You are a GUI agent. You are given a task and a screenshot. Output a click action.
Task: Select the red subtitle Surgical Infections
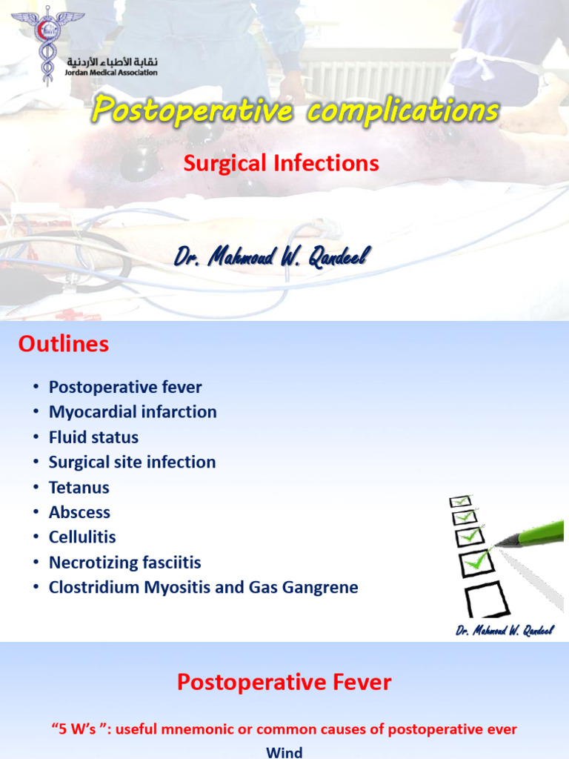282,163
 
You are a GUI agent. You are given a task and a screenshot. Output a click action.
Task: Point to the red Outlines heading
64,344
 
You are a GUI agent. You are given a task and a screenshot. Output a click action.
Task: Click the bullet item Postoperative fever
125,387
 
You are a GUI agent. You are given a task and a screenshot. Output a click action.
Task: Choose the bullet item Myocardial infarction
133,412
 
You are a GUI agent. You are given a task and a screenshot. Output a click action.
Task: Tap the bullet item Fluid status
93,437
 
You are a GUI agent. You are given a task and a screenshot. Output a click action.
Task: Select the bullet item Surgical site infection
132,463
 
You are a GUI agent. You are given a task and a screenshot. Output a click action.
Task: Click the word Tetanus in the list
79,488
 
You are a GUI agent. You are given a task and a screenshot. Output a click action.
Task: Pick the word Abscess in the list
79,512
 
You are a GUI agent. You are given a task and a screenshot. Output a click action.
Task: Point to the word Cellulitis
82,537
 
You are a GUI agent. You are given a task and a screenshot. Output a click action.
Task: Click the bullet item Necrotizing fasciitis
124,563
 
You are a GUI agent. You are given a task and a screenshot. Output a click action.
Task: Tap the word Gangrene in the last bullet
320,588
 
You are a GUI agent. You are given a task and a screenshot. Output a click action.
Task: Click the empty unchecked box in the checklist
486,597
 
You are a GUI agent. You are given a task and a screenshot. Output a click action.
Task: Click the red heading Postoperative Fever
284,683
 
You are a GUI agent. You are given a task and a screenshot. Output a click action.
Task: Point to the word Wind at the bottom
284,752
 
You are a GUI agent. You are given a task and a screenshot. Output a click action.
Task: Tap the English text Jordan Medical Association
113,73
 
